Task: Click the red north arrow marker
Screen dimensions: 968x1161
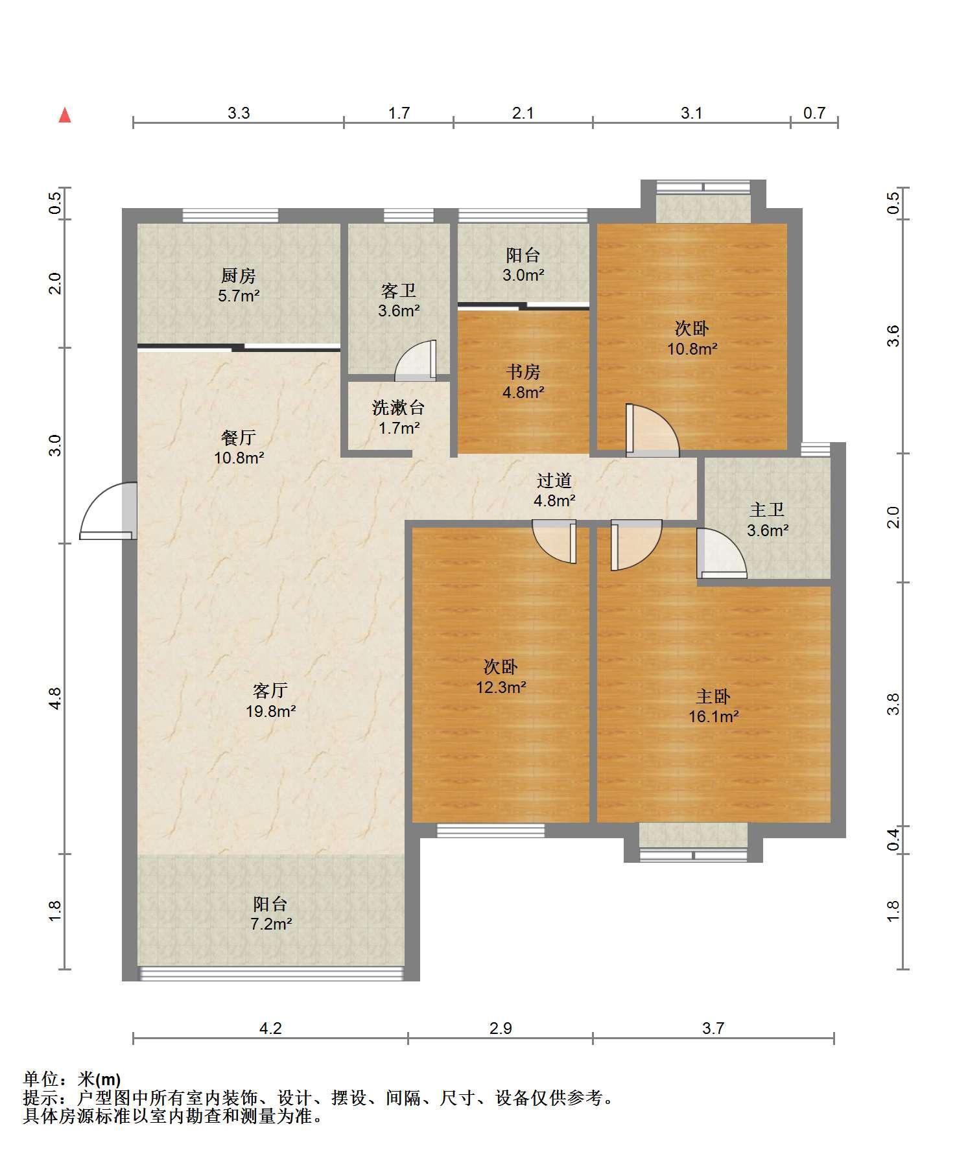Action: click(x=65, y=115)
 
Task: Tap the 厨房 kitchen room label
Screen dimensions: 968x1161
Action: click(x=239, y=276)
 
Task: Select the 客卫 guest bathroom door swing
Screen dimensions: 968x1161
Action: click(x=416, y=360)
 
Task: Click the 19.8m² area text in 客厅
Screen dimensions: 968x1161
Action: click(x=271, y=711)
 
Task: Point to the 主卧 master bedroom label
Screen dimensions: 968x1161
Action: click(x=713, y=697)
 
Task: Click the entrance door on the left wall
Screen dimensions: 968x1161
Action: click(x=108, y=511)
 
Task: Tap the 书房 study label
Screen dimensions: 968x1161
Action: click(x=523, y=372)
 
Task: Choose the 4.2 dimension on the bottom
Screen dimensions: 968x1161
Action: click(x=270, y=1028)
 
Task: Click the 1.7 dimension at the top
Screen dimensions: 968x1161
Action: click(x=399, y=113)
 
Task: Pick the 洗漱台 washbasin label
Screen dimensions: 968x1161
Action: click(x=399, y=408)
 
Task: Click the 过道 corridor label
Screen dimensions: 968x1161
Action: click(x=554, y=481)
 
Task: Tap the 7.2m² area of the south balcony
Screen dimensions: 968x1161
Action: click(x=271, y=924)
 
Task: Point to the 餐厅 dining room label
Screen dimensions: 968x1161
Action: click(x=239, y=438)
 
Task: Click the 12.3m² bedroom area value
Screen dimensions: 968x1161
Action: click(x=501, y=686)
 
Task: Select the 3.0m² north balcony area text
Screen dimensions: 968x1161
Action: click(x=523, y=275)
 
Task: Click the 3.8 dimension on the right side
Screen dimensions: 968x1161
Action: click(x=893, y=704)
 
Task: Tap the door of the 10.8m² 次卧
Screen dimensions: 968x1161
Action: click(x=652, y=430)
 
